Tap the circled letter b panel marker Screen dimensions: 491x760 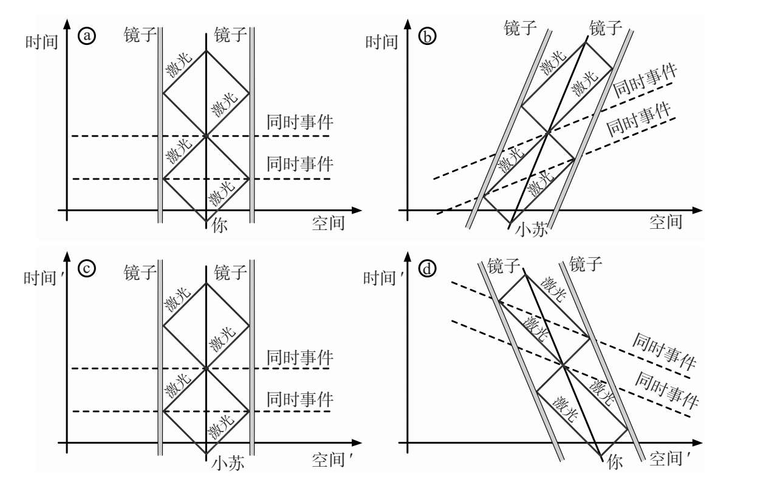tap(428, 37)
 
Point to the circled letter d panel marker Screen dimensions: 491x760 tap(428, 269)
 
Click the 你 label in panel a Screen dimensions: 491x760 tap(220, 226)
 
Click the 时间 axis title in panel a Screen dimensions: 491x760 tap(41, 42)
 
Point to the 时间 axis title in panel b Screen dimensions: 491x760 tap(382, 42)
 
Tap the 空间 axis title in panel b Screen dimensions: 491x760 tap(666, 223)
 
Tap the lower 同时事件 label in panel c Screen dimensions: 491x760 tap(300, 399)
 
